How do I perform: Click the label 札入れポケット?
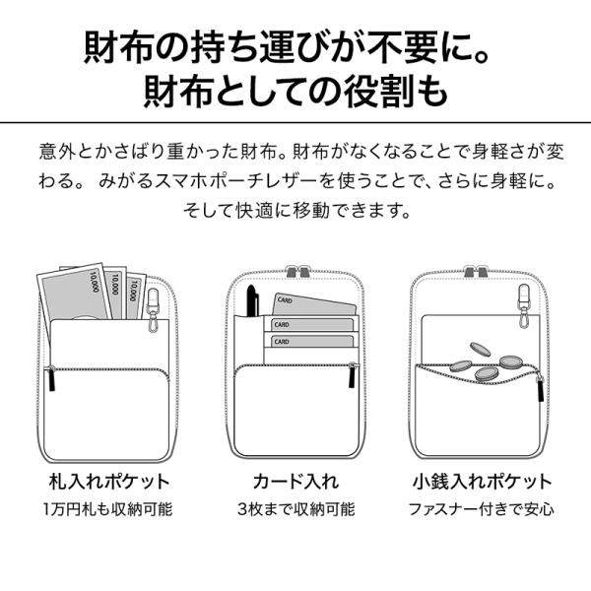click(x=109, y=482)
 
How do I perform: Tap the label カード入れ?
click(x=295, y=482)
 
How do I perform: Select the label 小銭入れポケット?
click(x=482, y=482)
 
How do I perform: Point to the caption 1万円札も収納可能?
click(x=107, y=509)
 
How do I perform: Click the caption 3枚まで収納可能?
click(x=296, y=509)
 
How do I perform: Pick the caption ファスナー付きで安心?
click(x=482, y=509)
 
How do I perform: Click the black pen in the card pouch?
click(x=250, y=301)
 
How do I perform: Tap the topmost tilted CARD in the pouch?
click(x=313, y=304)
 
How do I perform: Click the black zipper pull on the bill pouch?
click(x=52, y=378)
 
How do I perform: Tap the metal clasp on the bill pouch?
click(x=153, y=310)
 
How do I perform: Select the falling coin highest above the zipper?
click(x=481, y=350)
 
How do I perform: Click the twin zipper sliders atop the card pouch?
click(x=297, y=272)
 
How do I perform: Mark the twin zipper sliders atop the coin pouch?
click(x=475, y=272)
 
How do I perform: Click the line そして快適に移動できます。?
click(x=296, y=211)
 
